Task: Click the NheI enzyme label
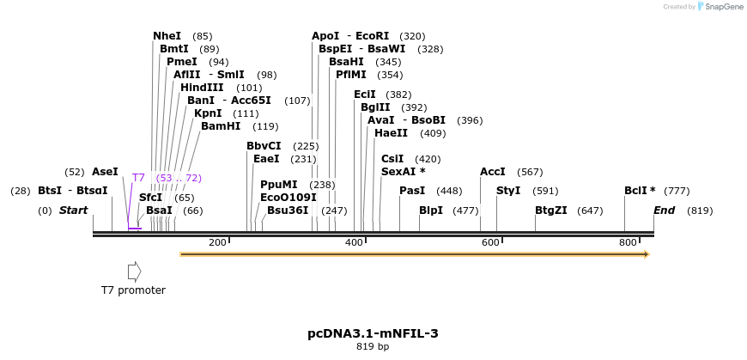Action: [167, 36]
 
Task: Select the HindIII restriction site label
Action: [202, 88]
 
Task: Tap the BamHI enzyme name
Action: [221, 126]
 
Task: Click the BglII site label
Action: [375, 107]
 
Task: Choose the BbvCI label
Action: [264, 146]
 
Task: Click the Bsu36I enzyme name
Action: [288, 211]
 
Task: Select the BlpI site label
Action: [431, 211]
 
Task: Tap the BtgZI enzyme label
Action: [551, 211]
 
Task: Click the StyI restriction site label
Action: [508, 191]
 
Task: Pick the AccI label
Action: [493, 172]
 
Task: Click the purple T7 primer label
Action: [138, 178]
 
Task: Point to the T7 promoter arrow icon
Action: [134, 272]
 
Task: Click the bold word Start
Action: [73, 211]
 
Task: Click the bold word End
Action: [664, 211]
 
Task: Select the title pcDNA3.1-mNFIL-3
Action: [373, 333]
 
